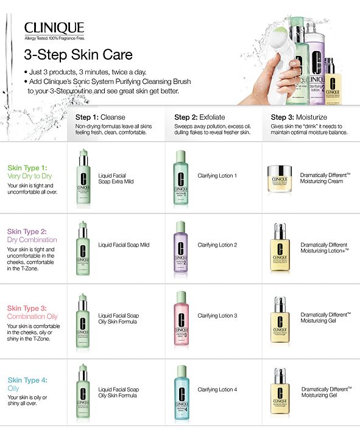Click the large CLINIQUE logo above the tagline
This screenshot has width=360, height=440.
coord(54,28)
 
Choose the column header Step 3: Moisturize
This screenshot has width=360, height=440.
coord(299,117)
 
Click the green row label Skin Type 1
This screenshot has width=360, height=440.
coord(27,167)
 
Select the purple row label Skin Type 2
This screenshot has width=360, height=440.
coord(27,231)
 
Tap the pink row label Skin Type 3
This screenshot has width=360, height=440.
coord(27,309)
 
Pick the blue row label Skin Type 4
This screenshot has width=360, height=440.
coord(27,380)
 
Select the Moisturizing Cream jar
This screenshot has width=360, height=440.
coord(280,178)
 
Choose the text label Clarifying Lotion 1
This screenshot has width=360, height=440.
coord(217,175)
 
